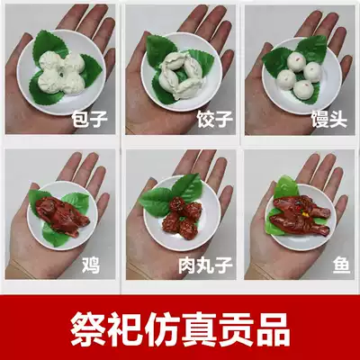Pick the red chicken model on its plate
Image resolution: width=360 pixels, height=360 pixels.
[x=63, y=215]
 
